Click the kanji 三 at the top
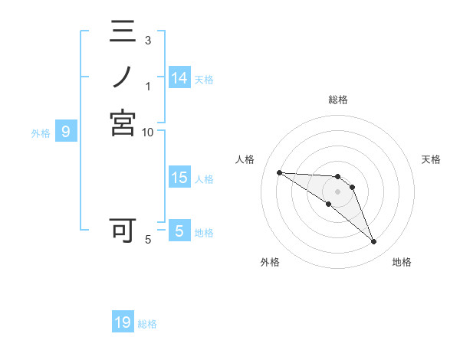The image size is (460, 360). (x=123, y=33)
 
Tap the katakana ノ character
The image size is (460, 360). (x=123, y=77)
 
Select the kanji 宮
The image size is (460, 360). (x=123, y=123)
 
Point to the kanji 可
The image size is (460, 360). (x=123, y=230)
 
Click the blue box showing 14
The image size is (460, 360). (x=179, y=78)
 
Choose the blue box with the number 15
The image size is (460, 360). (x=179, y=178)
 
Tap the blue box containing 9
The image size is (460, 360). (x=66, y=133)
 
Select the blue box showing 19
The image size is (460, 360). (x=123, y=322)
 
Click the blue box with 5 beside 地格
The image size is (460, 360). (x=179, y=231)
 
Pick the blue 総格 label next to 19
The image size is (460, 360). (x=148, y=324)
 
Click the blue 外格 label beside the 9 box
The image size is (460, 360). (x=41, y=133)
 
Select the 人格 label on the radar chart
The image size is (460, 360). (x=245, y=159)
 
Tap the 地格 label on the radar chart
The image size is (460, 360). (x=402, y=262)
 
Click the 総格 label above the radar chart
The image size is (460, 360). (x=337, y=100)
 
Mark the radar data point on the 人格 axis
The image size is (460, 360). (x=279, y=172)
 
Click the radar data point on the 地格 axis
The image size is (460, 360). (x=373, y=242)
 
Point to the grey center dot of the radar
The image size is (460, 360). (x=337, y=191)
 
